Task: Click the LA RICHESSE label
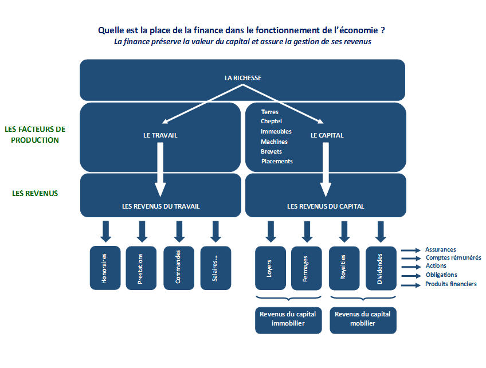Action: (x=243, y=78)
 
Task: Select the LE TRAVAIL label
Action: (x=160, y=135)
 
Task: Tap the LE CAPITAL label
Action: (x=327, y=135)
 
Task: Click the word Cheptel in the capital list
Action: (x=271, y=121)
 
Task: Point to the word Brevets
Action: (x=271, y=151)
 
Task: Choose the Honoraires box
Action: (x=105, y=268)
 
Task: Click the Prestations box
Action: (x=141, y=268)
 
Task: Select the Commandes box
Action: (x=179, y=268)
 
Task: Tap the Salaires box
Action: (x=215, y=268)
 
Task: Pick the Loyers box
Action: (x=271, y=268)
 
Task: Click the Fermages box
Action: (x=307, y=268)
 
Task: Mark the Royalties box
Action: (x=344, y=268)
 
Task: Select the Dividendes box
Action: (x=381, y=268)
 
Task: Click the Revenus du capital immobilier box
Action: (x=288, y=320)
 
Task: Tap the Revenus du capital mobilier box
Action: (x=363, y=320)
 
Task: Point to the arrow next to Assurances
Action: (x=411, y=250)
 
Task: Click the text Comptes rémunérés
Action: (x=453, y=257)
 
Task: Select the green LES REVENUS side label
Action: (x=35, y=193)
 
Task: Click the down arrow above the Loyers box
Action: (x=271, y=232)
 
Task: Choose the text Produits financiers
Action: (x=451, y=284)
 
